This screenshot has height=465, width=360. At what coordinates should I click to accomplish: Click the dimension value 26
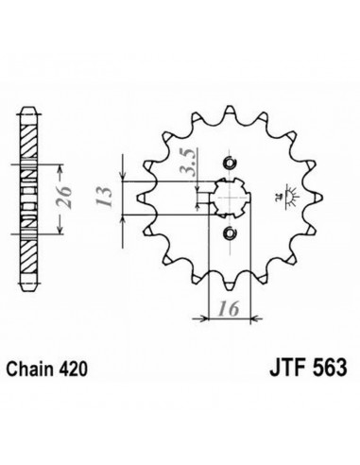pos(64,198)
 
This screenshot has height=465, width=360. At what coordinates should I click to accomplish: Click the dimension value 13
pos(105,198)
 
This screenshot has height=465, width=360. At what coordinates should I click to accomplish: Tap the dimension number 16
pos(229,309)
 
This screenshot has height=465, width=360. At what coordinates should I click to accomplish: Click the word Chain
pos(29,369)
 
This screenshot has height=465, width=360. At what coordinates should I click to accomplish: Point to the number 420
pos(72,369)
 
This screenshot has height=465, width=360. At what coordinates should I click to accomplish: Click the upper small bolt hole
pos(230,163)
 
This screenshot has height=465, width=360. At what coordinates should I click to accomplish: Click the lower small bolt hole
pos(230,232)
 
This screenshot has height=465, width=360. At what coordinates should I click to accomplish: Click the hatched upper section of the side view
pos(29,140)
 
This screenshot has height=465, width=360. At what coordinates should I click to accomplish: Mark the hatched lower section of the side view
pos(29,256)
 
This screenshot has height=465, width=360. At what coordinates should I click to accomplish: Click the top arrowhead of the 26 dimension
pos(60,169)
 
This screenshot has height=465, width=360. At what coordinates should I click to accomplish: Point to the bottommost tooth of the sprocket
pos(230,283)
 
